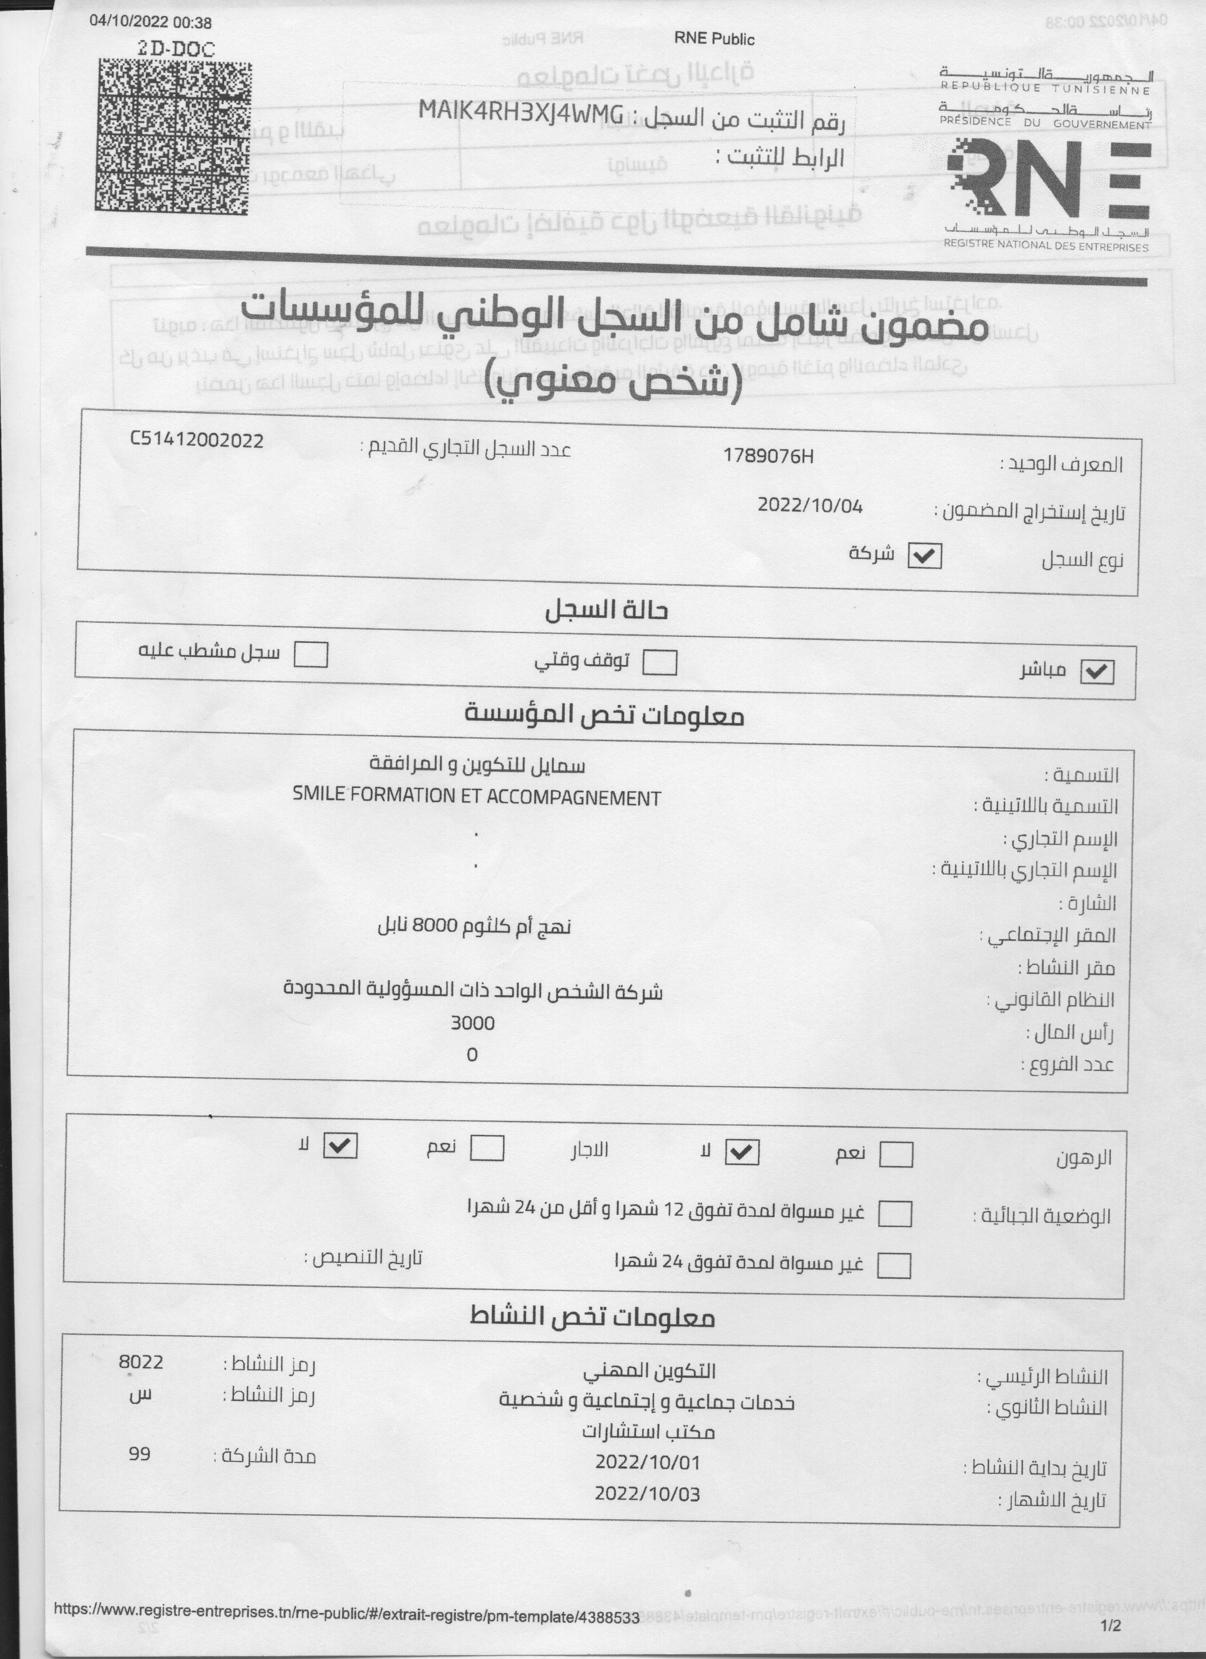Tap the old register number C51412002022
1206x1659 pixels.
click(196, 440)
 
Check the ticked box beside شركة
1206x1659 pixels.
click(924, 557)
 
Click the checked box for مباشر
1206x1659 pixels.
click(1097, 672)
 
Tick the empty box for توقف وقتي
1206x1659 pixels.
click(659, 663)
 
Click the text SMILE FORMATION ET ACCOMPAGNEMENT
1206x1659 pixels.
click(476, 797)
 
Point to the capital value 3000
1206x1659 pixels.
click(473, 1023)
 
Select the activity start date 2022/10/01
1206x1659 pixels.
click(647, 1462)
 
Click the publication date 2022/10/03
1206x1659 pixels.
click(647, 1494)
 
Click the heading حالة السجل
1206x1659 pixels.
click(606, 611)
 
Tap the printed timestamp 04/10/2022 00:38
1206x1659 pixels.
click(150, 23)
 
